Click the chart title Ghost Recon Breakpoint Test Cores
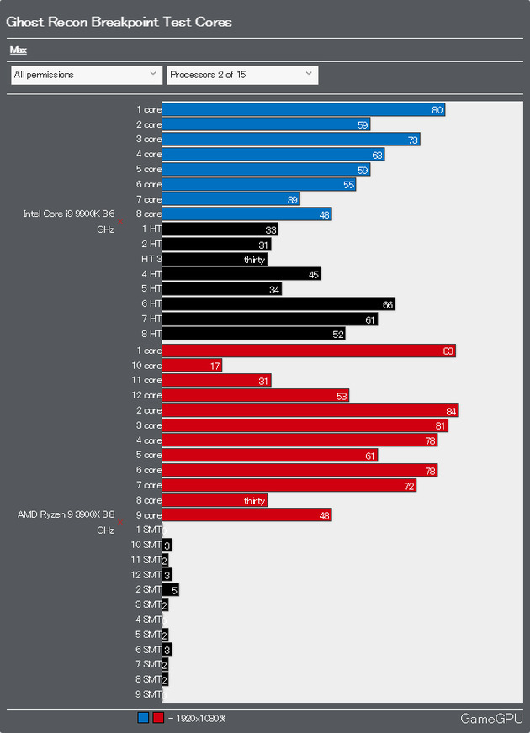coord(119,22)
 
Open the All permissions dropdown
coord(86,75)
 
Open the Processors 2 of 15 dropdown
coord(242,75)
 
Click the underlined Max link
coord(18,50)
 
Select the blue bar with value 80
coord(303,109)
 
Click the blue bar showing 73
coord(290,140)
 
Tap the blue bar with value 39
coord(231,199)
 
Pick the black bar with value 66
coord(278,304)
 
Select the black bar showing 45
coord(241,274)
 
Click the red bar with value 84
coord(310,410)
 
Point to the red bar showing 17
coord(191,366)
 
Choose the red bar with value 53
coord(255,395)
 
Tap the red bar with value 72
coord(289,485)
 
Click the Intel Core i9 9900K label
coord(67,214)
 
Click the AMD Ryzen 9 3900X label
coord(66,514)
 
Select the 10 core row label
coord(146,366)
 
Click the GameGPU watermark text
coord(487,719)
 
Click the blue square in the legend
coord(143,718)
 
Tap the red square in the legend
coord(158,718)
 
